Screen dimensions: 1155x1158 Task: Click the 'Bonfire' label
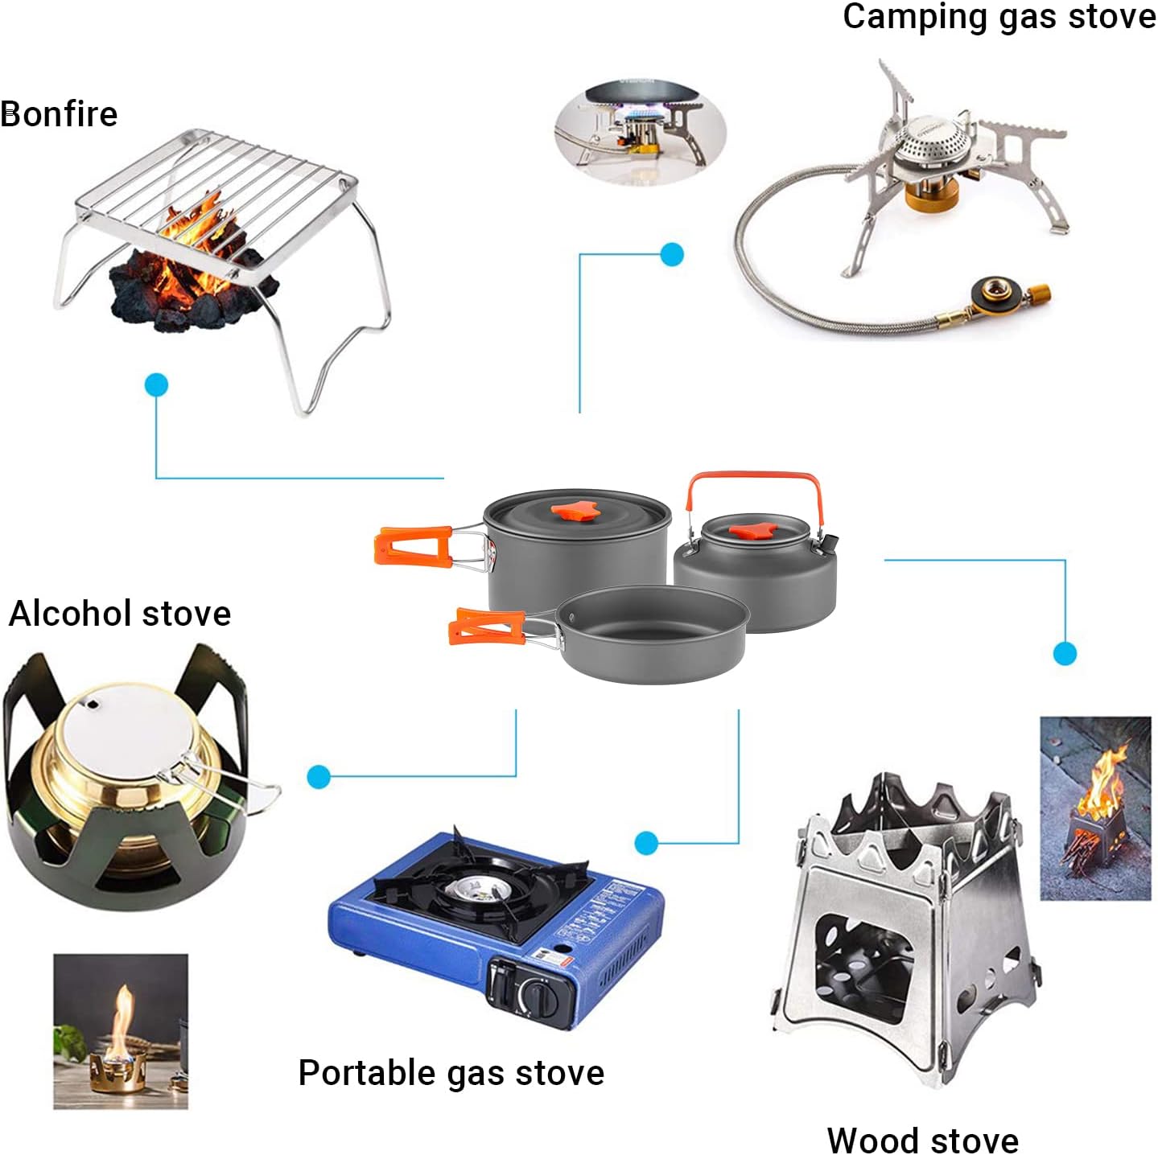pyautogui.click(x=60, y=114)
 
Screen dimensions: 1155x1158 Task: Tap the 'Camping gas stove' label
pyautogui.click(x=999, y=17)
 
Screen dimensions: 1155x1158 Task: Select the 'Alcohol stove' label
pyautogui.click(x=120, y=614)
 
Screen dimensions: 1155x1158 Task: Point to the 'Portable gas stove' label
pyautogui.click(x=451, y=1073)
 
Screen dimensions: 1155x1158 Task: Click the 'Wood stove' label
pyautogui.click(x=922, y=1140)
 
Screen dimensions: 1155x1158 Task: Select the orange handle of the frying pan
pyautogui.click(x=487, y=627)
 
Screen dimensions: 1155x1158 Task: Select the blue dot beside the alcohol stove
pyautogui.click(x=319, y=777)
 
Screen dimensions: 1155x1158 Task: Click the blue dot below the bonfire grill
pyautogui.click(x=156, y=385)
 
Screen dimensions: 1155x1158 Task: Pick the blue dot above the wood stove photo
pyautogui.click(x=1064, y=653)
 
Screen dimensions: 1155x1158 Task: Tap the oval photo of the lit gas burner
pyautogui.click(x=641, y=132)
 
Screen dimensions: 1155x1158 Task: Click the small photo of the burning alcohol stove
pyautogui.click(x=121, y=1031)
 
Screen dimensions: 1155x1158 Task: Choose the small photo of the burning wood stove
pyautogui.click(x=1095, y=808)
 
